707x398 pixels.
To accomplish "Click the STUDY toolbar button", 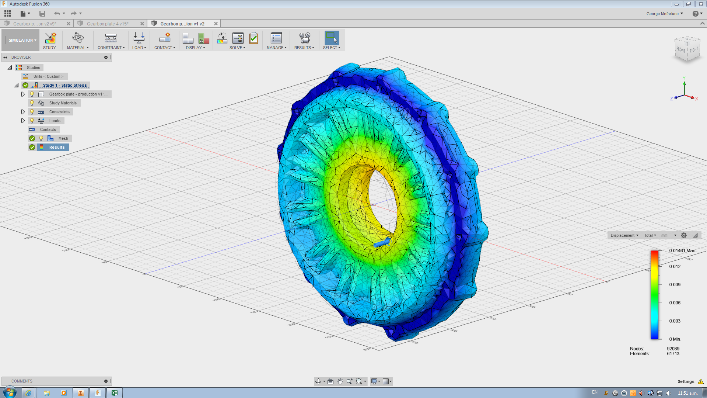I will click(x=50, y=40).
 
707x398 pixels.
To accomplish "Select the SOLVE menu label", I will click(x=237, y=48).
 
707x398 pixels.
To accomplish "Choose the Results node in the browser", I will click(x=57, y=147).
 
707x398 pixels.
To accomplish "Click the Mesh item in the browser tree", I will click(x=63, y=138).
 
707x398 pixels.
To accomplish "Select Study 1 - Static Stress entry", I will click(x=65, y=85).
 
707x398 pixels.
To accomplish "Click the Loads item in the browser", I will click(x=55, y=121).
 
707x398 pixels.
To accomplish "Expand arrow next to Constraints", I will click(x=23, y=112).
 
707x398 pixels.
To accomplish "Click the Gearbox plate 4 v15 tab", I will click(x=108, y=24).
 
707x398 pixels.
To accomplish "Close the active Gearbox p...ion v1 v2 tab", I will click(x=216, y=24).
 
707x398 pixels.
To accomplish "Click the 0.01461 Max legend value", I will click(x=682, y=250).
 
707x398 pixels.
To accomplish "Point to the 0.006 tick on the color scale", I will click(x=675, y=303).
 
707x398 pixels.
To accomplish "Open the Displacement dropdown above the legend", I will click(x=624, y=235).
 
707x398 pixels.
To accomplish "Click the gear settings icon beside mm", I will click(x=684, y=235).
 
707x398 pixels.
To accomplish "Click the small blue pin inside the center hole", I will click(x=382, y=243).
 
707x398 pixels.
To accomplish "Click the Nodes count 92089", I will click(x=673, y=349).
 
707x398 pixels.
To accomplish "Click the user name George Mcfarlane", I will click(x=662, y=14).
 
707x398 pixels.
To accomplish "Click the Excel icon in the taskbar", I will click(x=114, y=393).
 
